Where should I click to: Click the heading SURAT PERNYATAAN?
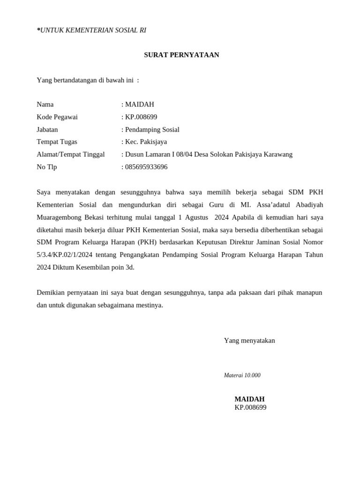tap(181, 55)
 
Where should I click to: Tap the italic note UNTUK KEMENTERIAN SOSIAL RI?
tap(93, 30)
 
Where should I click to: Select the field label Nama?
tap(45, 104)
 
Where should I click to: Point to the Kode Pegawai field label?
tap(57, 117)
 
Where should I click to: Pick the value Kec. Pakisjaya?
tap(146, 142)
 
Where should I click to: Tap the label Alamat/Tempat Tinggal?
tap(71, 154)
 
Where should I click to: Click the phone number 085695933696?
tap(146, 167)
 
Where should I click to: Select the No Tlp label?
tap(47, 167)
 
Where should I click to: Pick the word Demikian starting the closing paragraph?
tap(52, 292)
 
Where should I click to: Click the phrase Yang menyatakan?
tap(249, 340)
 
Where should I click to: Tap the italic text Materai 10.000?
tap(242, 375)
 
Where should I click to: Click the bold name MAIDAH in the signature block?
tap(249, 399)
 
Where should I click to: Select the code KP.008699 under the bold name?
tap(250, 407)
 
